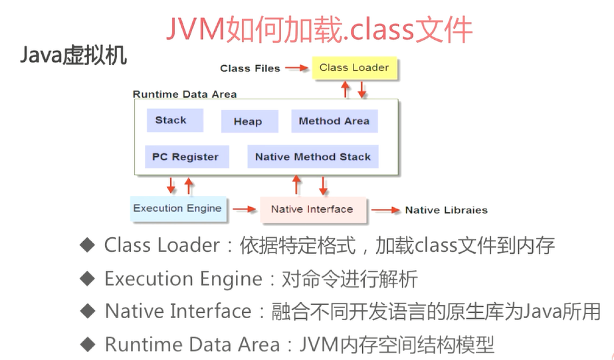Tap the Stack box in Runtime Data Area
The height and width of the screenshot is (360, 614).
click(x=171, y=120)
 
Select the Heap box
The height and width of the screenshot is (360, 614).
click(x=248, y=122)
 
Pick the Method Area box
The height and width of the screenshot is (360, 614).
click(x=334, y=121)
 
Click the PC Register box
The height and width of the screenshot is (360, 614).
click(x=185, y=157)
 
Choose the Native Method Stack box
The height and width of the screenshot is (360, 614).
click(x=313, y=157)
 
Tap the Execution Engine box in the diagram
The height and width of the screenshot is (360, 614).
click(x=177, y=209)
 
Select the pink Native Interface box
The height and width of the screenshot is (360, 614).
click(x=312, y=209)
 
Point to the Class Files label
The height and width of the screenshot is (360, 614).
click(x=250, y=68)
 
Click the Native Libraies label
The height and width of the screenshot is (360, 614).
click(x=446, y=211)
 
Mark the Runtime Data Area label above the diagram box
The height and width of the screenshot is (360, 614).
click(x=185, y=94)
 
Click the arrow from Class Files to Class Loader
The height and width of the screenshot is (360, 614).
click(x=297, y=68)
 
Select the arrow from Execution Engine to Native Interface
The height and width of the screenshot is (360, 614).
click(x=244, y=209)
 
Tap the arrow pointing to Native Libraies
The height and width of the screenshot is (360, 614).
click(x=385, y=210)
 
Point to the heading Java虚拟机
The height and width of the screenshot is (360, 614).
click(x=74, y=56)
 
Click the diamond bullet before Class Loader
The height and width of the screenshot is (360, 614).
click(x=88, y=246)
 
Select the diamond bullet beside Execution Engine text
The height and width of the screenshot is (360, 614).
click(x=88, y=278)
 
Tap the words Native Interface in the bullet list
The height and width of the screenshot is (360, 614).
click(x=178, y=312)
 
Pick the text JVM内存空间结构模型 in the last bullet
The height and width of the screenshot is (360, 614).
click(x=397, y=345)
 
